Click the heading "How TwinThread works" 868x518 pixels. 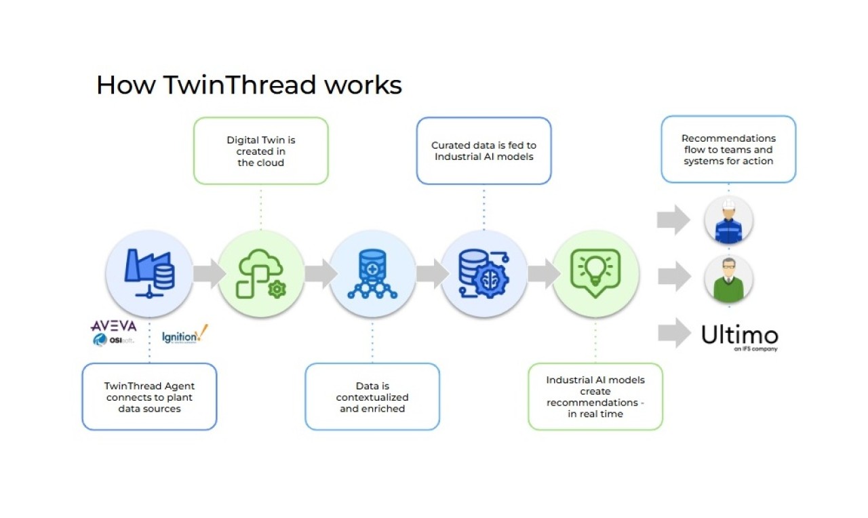tap(249, 85)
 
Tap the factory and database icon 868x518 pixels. tap(149, 273)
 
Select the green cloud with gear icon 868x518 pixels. tap(261, 273)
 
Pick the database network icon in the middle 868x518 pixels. tap(372, 273)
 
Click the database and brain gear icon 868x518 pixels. tap(484, 273)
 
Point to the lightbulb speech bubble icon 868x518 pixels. tap(595, 273)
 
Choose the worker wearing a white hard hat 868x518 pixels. tap(728, 220)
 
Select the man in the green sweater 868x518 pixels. tap(728, 279)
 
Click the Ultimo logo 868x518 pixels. tap(740, 336)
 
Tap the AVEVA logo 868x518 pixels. tap(113, 326)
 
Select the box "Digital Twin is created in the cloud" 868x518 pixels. tap(261, 151)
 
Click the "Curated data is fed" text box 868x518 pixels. tap(484, 151)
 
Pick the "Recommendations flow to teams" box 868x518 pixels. tap(728, 149)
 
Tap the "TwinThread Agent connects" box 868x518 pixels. tap(149, 397)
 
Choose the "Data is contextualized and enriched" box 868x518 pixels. tap(372, 397)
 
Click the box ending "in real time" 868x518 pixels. tap(595, 397)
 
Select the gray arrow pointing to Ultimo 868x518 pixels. tap(673, 332)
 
